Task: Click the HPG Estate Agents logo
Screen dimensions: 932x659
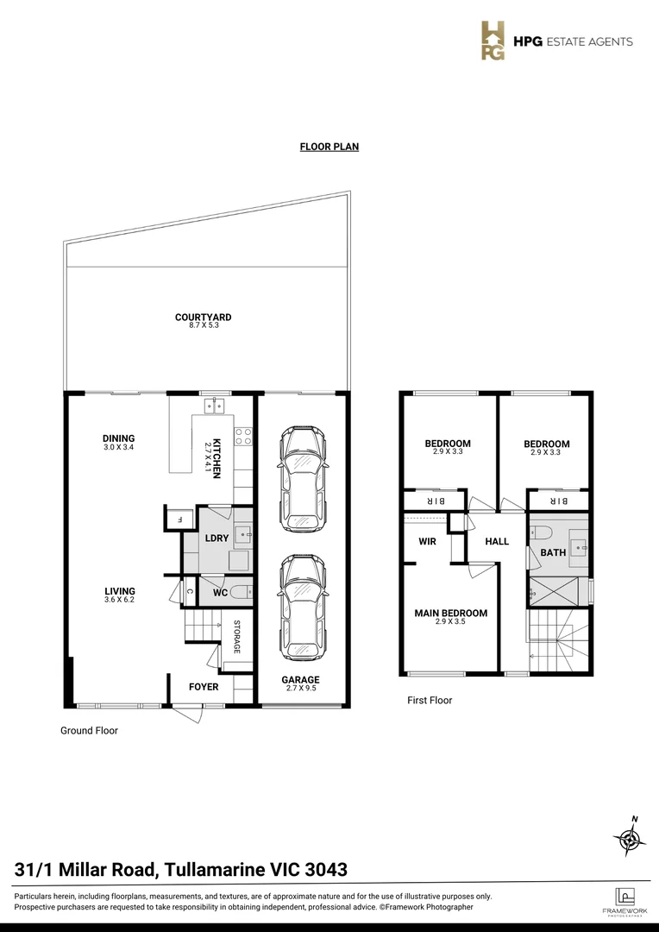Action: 556,41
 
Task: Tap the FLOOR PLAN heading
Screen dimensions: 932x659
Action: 329,147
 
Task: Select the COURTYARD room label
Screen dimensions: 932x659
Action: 203,317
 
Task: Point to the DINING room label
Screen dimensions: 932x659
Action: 119,438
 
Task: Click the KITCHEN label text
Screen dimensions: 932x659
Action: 217,457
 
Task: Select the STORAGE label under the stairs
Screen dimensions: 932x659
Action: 236,637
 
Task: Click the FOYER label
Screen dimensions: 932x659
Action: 204,687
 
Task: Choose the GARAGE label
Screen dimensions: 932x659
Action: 300,680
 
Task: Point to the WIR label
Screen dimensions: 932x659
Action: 427,542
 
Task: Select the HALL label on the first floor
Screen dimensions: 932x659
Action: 497,542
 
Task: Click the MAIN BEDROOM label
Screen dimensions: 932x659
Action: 451,614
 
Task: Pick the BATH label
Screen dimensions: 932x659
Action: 553,552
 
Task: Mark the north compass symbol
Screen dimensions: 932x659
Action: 630,835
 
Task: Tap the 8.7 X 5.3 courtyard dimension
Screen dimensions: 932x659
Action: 203,325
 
